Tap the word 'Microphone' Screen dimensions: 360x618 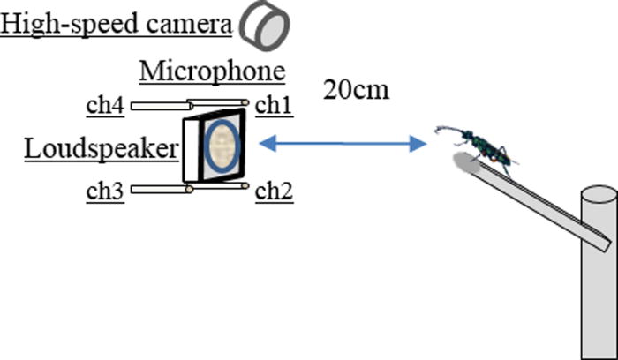[212, 71]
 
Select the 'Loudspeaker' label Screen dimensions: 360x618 [101, 148]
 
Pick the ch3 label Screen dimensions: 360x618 [103, 191]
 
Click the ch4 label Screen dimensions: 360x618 [104, 106]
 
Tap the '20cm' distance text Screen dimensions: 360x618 [356, 90]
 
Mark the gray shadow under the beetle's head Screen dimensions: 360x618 [465, 161]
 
